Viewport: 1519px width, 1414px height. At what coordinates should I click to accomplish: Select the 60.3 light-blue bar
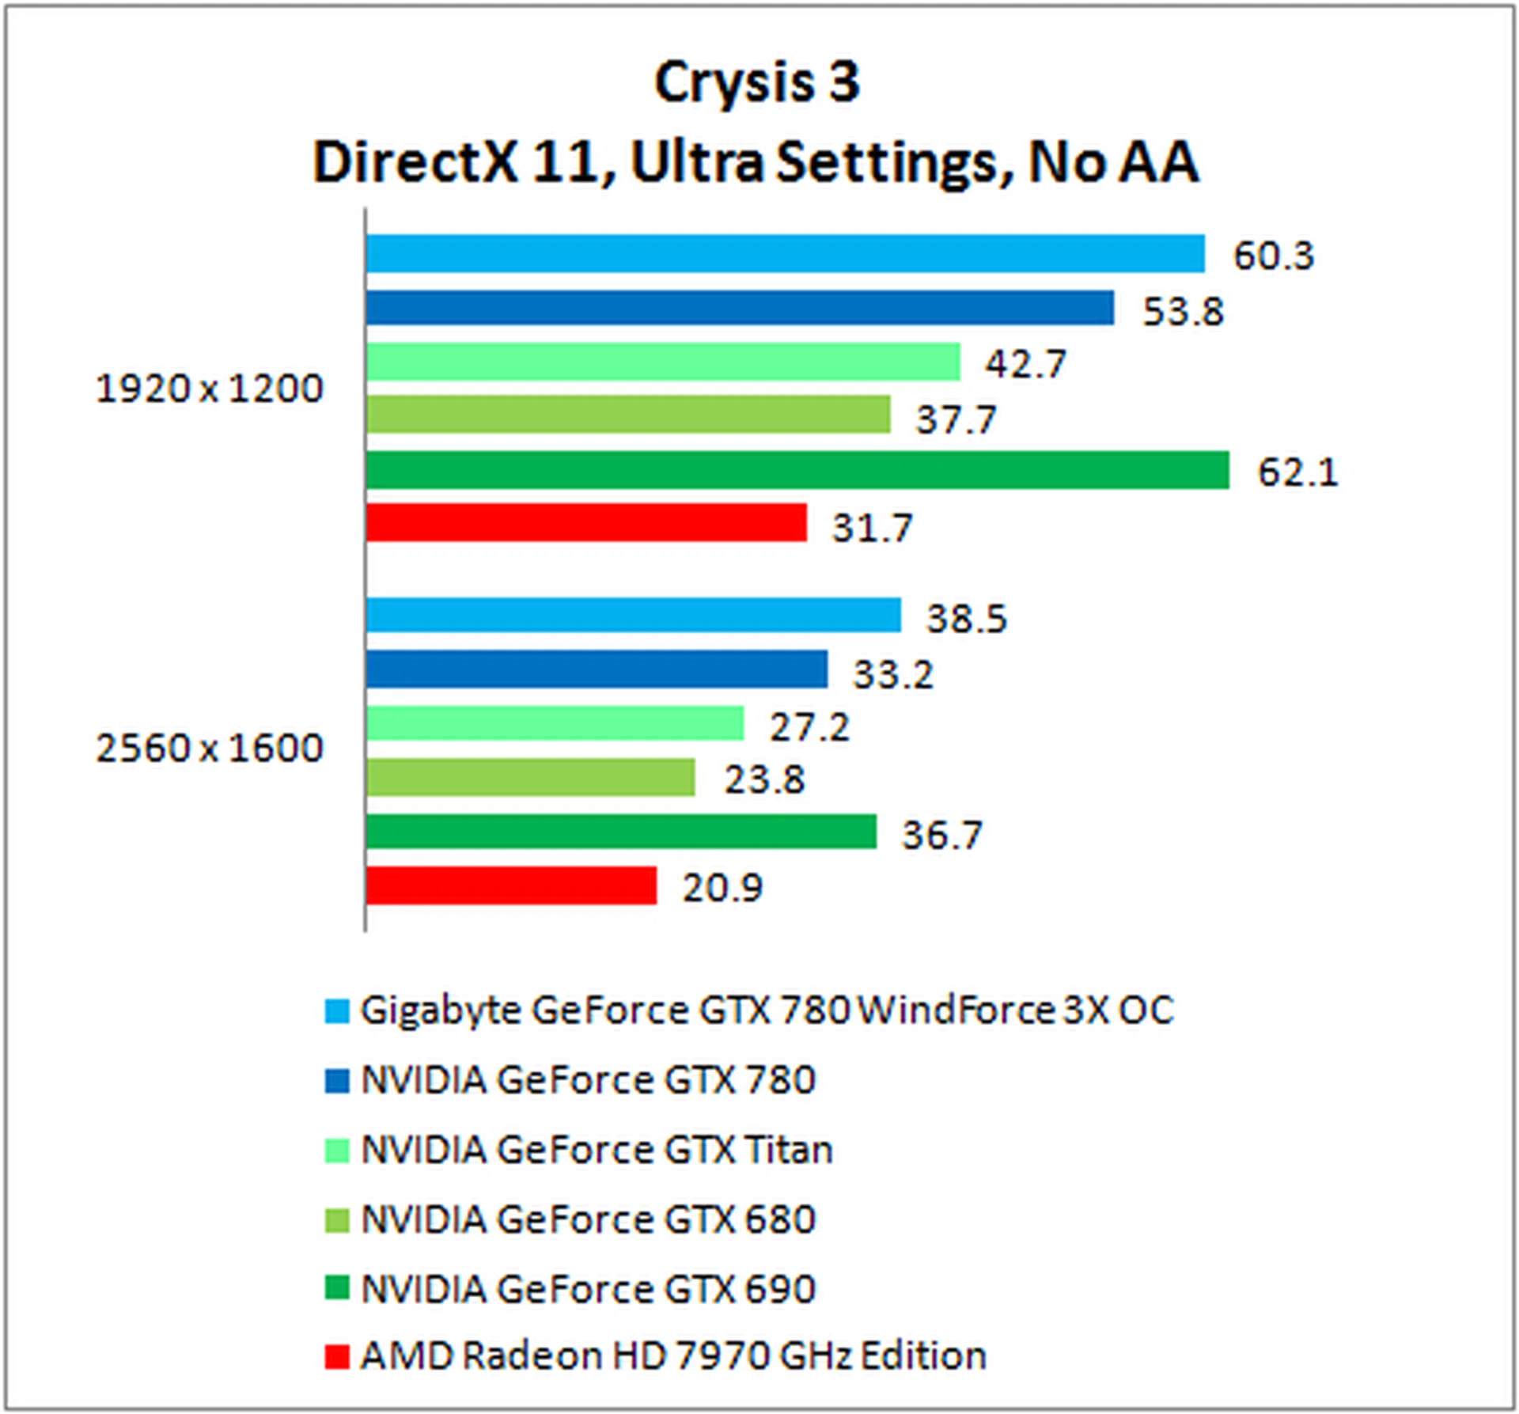(x=785, y=254)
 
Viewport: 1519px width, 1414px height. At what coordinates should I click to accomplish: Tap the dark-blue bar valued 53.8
(x=740, y=308)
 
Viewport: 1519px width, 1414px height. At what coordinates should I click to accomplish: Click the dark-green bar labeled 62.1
(x=797, y=471)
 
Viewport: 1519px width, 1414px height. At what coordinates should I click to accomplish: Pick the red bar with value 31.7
(x=586, y=523)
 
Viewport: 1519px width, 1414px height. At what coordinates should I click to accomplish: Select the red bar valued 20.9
(x=511, y=885)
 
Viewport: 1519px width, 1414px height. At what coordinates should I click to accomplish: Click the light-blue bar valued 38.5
(x=633, y=616)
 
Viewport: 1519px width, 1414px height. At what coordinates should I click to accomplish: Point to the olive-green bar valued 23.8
(x=530, y=777)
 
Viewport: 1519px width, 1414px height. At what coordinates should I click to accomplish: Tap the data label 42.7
(x=1025, y=364)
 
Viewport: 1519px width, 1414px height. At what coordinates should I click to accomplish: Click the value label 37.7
(x=956, y=419)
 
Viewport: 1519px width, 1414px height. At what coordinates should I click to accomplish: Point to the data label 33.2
(x=892, y=674)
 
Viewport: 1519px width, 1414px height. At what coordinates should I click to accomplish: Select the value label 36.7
(x=941, y=835)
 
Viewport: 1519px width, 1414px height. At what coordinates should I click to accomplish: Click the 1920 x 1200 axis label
(x=210, y=389)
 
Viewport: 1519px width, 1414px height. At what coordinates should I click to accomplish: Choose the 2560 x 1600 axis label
(x=210, y=748)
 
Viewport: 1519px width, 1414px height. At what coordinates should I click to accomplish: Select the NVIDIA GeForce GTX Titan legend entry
(x=597, y=1150)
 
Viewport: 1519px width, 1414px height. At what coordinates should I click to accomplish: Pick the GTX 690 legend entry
(x=588, y=1289)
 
